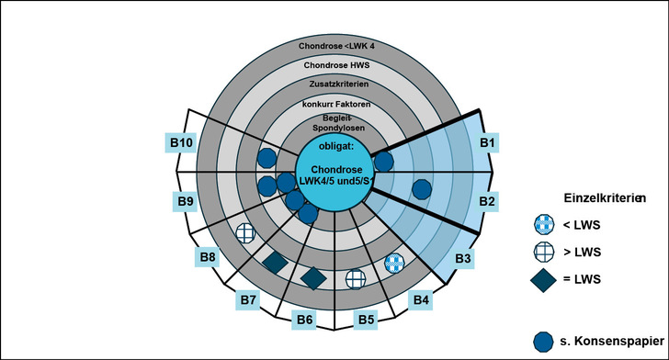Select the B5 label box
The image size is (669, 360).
tap(365, 320)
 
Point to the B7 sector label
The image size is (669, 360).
tap(247, 299)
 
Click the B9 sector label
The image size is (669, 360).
tap(183, 199)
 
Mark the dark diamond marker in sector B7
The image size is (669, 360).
tap(275, 263)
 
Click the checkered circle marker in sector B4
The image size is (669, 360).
tap(394, 263)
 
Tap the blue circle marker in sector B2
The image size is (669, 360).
tap(421, 189)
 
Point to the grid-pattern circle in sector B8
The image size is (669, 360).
tap(246, 233)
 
